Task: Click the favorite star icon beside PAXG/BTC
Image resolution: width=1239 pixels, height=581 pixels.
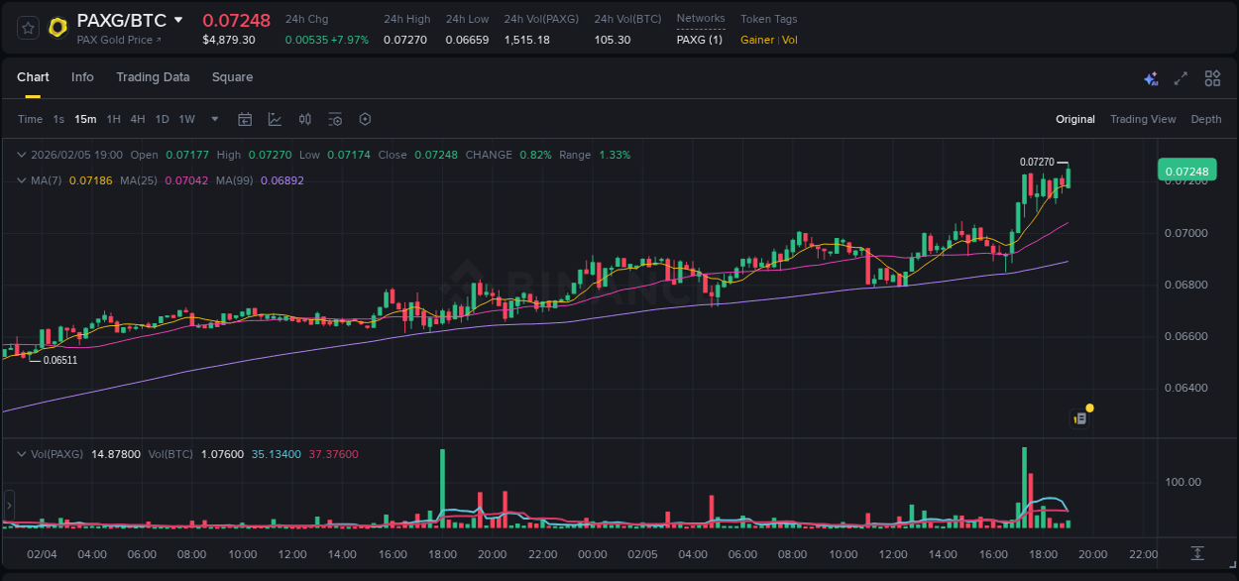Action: [29, 28]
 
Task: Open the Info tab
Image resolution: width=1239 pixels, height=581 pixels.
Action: [82, 77]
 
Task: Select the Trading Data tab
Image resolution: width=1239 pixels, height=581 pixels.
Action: [153, 77]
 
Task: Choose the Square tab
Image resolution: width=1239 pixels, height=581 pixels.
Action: [232, 77]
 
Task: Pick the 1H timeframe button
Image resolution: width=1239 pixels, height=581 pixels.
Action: [113, 119]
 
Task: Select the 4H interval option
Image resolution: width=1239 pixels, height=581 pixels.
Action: [137, 119]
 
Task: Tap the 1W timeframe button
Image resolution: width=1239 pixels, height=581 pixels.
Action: [186, 119]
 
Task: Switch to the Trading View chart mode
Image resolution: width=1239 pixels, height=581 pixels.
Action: [1143, 119]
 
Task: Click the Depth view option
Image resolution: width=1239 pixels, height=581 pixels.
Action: [1206, 119]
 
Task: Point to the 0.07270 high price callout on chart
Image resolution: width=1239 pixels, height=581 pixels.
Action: [1037, 162]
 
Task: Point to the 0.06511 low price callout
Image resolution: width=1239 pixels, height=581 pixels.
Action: [59, 360]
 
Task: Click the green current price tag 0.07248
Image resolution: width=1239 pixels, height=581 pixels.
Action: [1186, 172]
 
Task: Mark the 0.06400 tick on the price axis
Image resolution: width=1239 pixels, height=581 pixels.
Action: [1186, 388]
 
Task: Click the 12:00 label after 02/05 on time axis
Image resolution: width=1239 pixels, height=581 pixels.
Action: [893, 554]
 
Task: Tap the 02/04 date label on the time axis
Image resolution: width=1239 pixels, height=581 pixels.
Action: [41, 554]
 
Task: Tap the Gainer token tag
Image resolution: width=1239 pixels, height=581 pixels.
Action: [757, 40]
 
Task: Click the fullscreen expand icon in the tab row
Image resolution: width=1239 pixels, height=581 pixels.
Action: [1181, 78]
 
